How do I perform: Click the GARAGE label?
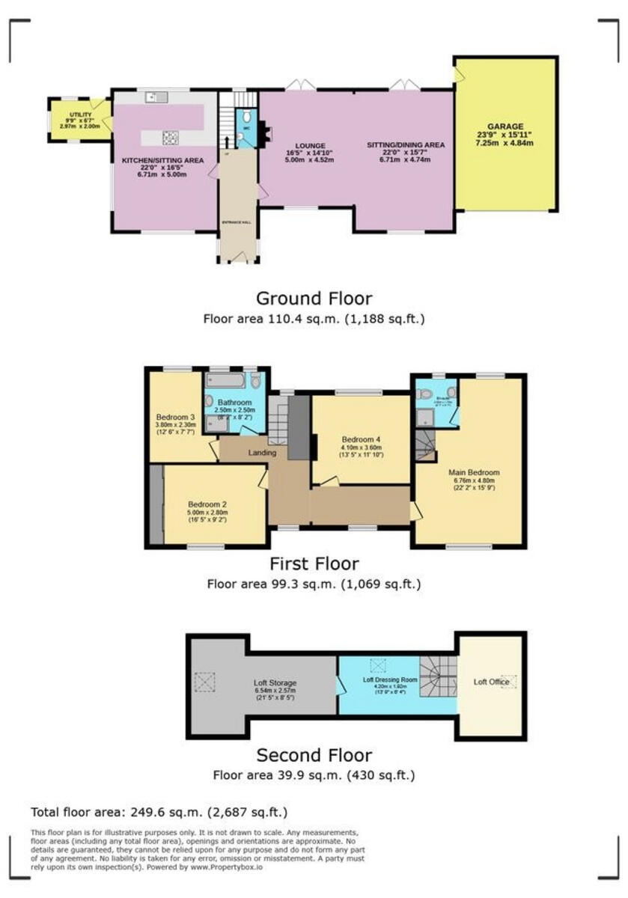click(505, 126)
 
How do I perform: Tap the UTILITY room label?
click(80, 114)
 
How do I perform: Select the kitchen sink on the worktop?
click(157, 97)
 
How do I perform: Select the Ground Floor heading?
click(314, 299)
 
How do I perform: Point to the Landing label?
click(262, 453)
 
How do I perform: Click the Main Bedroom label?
click(474, 473)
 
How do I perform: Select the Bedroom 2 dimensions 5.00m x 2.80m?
click(207, 512)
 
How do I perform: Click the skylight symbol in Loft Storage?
click(204, 682)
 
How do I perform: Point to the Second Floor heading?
click(314, 755)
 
